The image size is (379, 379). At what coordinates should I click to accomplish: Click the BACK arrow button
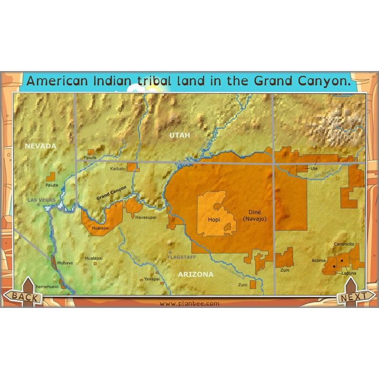(x=24, y=297)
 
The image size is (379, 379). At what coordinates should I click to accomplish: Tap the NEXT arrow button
(x=353, y=297)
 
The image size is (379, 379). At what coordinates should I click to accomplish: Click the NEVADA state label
(x=41, y=146)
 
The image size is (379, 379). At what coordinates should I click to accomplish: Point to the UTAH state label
(x=180, y=135)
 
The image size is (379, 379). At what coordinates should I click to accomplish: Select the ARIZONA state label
(x=196, y=274)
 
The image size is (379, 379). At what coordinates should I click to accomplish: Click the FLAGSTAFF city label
(x=181, y=257)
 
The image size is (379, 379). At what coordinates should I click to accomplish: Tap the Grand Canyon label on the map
(x=112, y=193)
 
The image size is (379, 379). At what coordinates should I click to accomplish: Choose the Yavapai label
(x=152, y=279)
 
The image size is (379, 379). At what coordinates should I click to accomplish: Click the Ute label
(x=314, y=168)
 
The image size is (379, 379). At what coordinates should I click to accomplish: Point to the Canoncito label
(x=344, y=244)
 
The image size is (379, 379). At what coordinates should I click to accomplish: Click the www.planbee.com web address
(x=189, y=304)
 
